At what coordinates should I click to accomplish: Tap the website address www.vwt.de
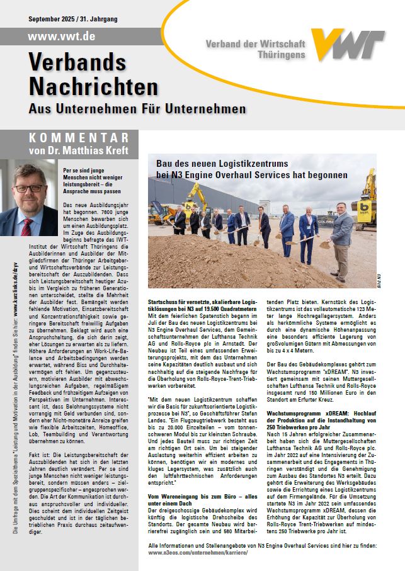point(62,37)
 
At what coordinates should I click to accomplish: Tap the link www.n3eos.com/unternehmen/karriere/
point(197,551)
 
